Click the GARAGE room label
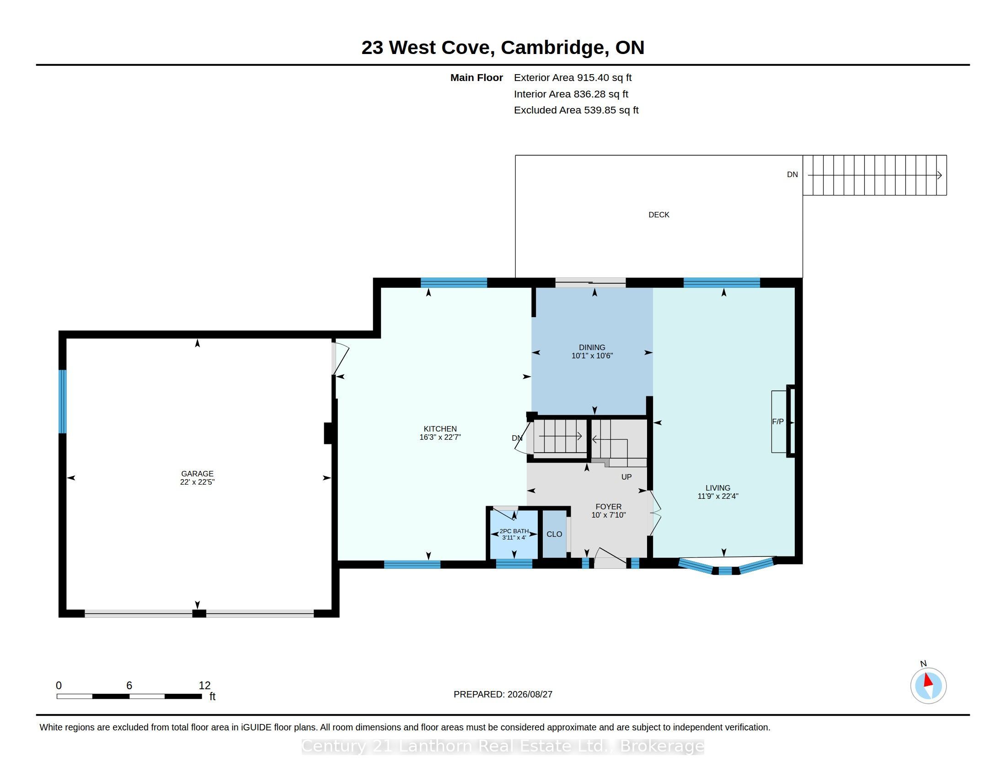click(x=197, y=473)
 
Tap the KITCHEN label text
click(x=440, y=429)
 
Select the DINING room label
click(x=592, y=347)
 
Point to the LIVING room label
click(x=717, y=488)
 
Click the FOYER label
click(x=609, y=507)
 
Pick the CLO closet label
click(x=554, y=534)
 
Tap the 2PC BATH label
click(x=514, y=531)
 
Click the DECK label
click(x=658, y=215)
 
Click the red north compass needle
click(x=928, y=680)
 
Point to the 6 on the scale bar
click(x=129, y=686)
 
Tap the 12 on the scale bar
click(x=204, y=686)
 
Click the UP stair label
click(x=626, y=477)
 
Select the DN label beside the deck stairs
click(x=792, y=175)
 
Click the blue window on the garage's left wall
click(x=63, y=401)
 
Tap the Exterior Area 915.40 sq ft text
click(x=573, y=78)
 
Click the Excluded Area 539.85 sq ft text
click(x=576, y=110)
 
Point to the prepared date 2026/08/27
click(x=530, y=694)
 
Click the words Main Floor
click(x=476, y=78)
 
